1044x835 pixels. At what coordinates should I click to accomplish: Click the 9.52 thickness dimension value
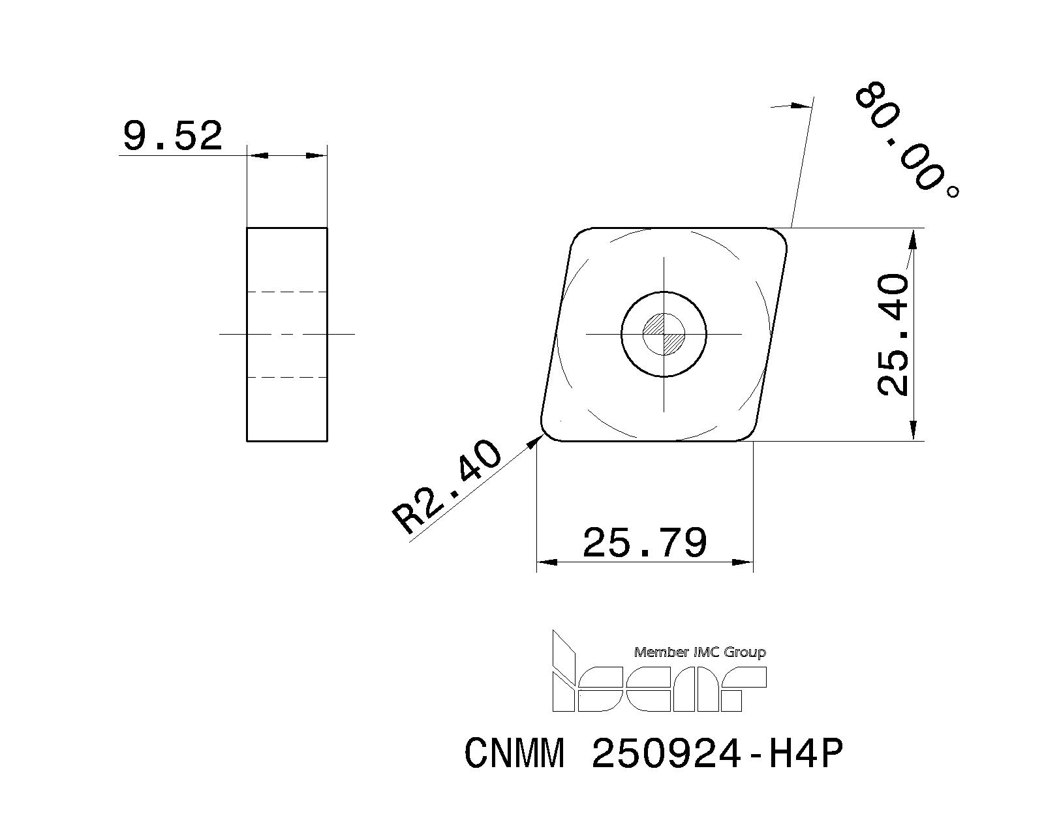[x=173, y=136]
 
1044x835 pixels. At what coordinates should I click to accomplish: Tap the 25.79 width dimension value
[x=644, y=543]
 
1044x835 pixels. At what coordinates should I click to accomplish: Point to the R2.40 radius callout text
[x=447, y=486]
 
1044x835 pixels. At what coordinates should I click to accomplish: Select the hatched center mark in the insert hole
[x=664, y=334]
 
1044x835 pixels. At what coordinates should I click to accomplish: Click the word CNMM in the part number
[x=514, y=755]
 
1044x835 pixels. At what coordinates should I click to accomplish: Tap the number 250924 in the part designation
[x=666, y=755]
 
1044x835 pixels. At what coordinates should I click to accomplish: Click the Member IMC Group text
[x=699, y=652]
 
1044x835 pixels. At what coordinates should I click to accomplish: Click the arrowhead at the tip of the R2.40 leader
[x=536, y=442]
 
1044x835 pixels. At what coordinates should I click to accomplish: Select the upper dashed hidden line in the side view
[x=287, y=291]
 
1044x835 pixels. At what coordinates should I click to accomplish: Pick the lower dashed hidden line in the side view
[x=287, y=377]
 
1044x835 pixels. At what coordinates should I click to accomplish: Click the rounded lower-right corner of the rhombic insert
[x=748, y=434]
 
